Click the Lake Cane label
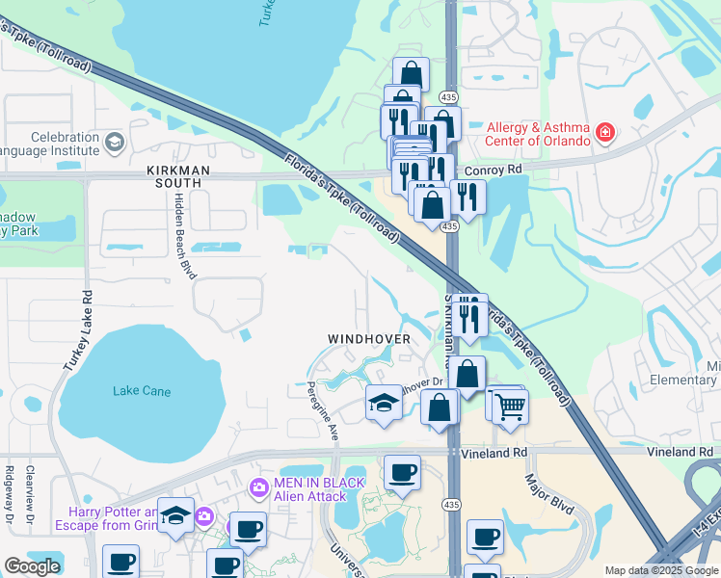pos(142,391)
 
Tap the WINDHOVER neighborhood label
pos(368,339)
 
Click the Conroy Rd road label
pos(493,170)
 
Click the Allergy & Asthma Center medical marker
pos(604,133)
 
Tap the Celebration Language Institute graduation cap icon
pos(114,144)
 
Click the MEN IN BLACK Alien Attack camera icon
pos(257,488)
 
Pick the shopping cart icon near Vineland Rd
pos(510,407)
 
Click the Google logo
pos(32,566)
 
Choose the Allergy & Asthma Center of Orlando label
pos(537,134)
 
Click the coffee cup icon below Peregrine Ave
pos(402,473)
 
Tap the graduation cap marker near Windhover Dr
pos(384,403)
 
